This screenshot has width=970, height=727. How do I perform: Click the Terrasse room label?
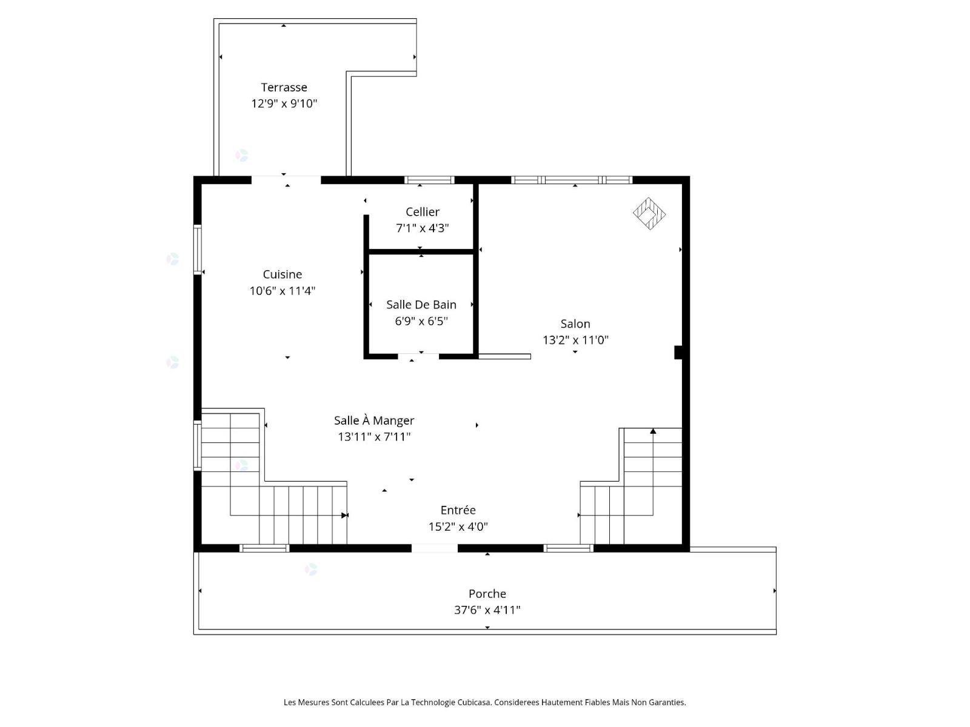(x=284, y=87)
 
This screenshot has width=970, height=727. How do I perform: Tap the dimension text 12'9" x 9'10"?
(x=284, y=104)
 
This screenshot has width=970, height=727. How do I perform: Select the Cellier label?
(x=423, y=212)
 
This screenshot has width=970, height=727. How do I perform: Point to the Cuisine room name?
(x=283, y=274)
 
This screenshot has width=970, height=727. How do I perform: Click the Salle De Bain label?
(x=421, y=305)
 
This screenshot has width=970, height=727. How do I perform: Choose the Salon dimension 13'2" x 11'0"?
(x=575, y=340)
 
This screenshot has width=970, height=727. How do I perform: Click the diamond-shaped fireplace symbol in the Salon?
(x=649, y=214)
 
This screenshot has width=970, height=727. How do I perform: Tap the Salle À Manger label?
(x=374, y=420)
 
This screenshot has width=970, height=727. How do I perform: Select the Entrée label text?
(x=458, y=510)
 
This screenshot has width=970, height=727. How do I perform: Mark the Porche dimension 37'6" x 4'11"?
(x=487, y=610)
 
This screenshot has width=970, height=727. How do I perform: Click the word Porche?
(x=487, y=594)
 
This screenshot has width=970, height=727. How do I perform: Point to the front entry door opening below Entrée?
(x=435, y=548)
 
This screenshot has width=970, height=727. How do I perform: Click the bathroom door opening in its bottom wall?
(x=418, y=357)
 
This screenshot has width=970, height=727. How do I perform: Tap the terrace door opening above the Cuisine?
(x=286, y=180)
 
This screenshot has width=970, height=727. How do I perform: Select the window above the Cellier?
(x=429, y=180)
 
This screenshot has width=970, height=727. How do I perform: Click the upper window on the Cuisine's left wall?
(x=198, y=250)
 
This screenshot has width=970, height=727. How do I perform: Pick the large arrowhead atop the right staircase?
(x=653, y=431)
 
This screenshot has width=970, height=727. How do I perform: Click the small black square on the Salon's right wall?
(x=678, y=353)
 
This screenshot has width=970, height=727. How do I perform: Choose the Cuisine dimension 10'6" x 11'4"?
(x=283, y=291)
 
